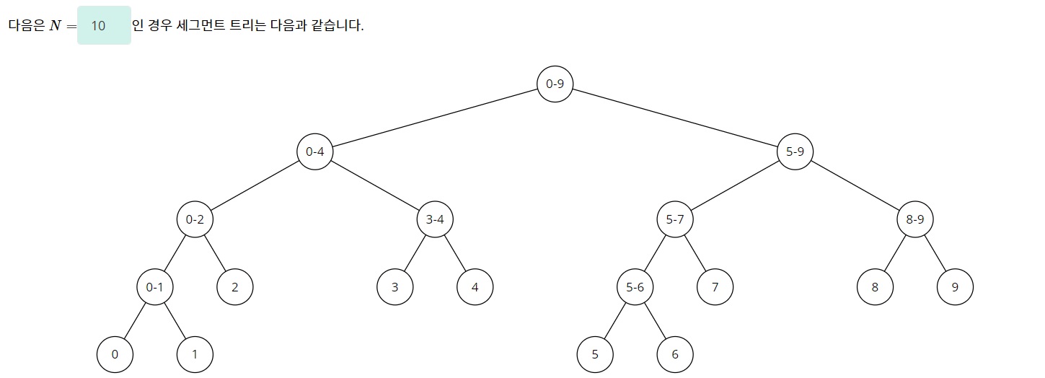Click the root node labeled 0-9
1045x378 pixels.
click(x=555, y=84)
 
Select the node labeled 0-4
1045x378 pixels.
click(x=314, y=151)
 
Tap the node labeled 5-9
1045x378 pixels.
click(x=795, y=151)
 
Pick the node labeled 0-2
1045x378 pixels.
click(x=195, y=219)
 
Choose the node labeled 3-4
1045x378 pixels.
click(x=435, y=219)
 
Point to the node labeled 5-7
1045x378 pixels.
click(x=675, y=219)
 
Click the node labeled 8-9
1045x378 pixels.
click(x=914, y=219)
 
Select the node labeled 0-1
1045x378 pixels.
click(x=155, y=287)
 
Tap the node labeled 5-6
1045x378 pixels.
click(x=635, y=287)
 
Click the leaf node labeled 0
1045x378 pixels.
click(x=115, y=354)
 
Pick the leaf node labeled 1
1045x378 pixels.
click(x=195, y=354)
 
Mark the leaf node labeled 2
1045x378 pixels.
click(x=235, y=287)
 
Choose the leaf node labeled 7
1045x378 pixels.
click(x=715, y=287)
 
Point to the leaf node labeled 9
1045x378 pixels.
click(x=955, y=287)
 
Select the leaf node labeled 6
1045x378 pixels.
click(x=675, y=354)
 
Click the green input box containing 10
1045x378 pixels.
click(x=104, y=26)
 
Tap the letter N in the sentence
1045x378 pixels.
click(x=56, y=26)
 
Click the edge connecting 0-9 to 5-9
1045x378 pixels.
click(x=674, y=118)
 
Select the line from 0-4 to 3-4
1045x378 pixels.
click(x=375, y=185)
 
